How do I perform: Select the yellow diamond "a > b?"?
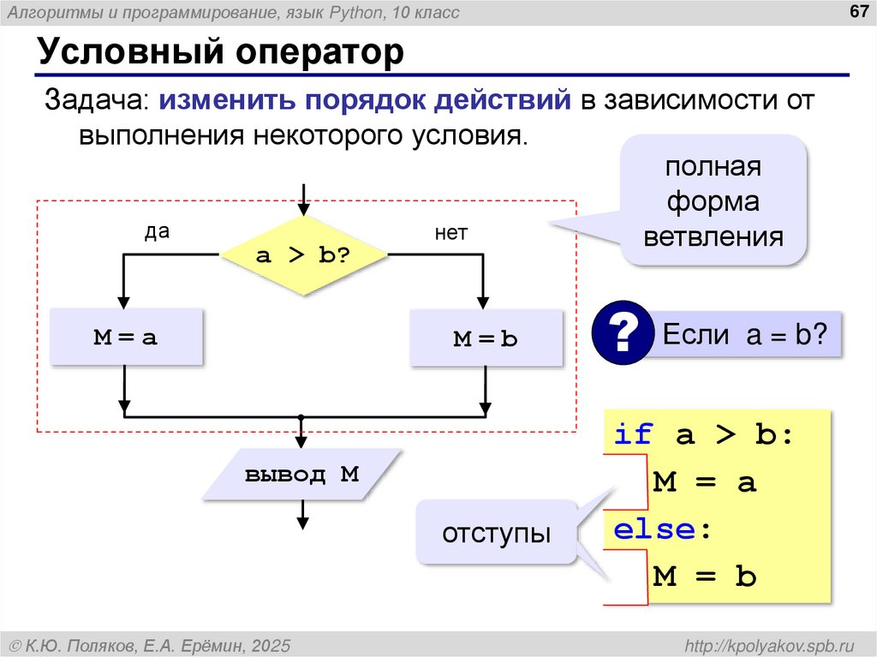point(303,255)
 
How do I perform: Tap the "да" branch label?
point(157,232)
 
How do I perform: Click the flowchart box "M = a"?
point(126,337)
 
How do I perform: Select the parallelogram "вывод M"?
point(301,475)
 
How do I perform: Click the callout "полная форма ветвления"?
point(713,201)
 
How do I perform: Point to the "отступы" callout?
point(496,533)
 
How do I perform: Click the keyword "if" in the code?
point(633,434)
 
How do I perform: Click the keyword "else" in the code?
point(653,529)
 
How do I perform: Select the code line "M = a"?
point(704,482)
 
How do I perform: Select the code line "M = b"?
point(704,576)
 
